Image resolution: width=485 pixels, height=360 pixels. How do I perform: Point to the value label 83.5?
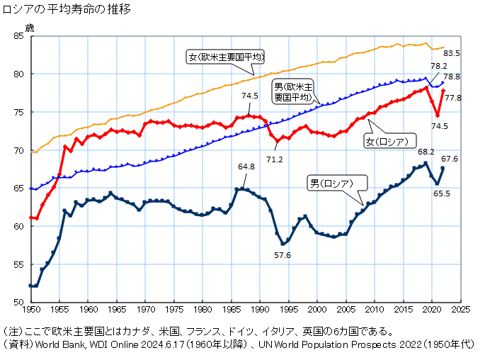[x=452, y=53]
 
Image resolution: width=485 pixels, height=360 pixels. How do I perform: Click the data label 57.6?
[x=284, y=255]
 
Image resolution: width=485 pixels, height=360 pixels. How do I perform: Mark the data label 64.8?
[x=246, y=167]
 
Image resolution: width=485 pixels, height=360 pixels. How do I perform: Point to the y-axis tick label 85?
[x=18, y=36]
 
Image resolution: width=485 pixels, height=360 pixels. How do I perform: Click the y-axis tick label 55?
[x=18, y=264]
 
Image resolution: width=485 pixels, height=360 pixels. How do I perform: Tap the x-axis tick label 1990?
[x=260, y=310]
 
